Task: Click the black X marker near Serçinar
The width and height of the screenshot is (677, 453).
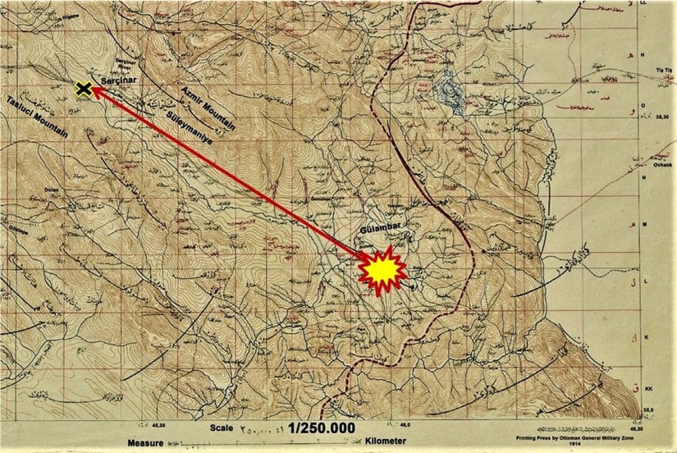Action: click(83, 89)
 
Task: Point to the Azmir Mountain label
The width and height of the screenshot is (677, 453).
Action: click(209, 107)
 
